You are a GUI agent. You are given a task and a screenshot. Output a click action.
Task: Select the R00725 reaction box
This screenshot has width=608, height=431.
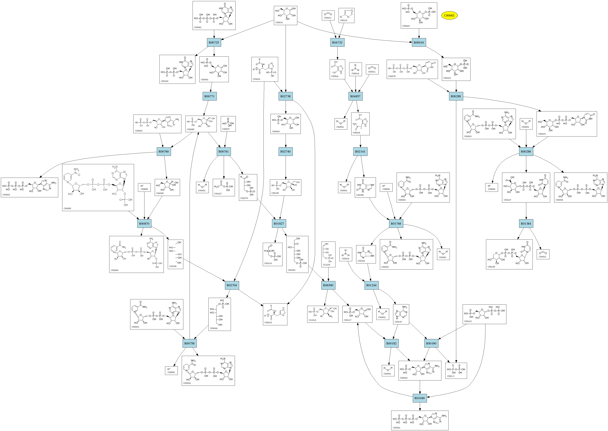pos(214,42)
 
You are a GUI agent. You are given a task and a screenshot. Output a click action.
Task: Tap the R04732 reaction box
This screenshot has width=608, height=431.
pos(337,42)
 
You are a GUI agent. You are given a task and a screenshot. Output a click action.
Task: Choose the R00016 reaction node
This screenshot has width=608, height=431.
pos(419,42)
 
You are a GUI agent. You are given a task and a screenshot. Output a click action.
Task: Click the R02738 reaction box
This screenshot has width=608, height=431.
pos(285,96)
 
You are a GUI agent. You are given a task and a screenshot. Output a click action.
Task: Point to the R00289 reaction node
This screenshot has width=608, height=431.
pos(456,96)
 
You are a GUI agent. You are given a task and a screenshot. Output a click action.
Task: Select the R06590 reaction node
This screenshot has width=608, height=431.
pos(328,285)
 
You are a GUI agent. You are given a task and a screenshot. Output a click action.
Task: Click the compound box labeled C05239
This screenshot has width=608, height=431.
pos(346,15)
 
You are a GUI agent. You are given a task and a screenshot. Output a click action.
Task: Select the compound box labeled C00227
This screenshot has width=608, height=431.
pos(224,187)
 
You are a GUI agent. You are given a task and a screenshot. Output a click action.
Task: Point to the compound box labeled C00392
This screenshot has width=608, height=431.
pos(175,254)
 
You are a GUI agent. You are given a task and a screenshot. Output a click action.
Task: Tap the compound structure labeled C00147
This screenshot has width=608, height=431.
pos(401,314)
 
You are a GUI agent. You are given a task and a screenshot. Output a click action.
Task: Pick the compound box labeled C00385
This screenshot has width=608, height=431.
pos(365,187)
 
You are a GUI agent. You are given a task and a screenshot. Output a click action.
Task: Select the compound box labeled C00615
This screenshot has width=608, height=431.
pos(275,314)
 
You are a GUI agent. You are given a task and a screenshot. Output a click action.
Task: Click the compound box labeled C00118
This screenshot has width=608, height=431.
pos(272,254)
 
